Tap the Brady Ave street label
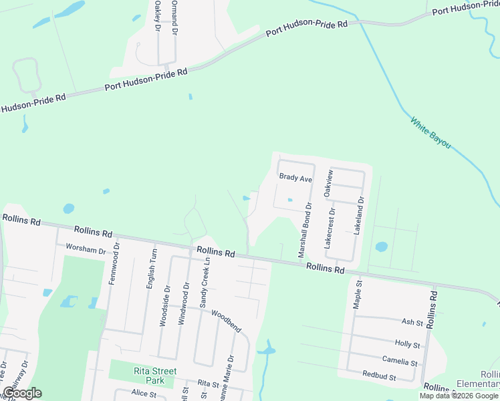295,179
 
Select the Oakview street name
328,182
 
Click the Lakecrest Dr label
328,228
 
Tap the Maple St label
358,295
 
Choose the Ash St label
412,322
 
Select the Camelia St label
401,362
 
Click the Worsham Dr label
86,249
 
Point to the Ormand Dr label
174,17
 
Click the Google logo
22,392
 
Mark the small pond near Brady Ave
289,199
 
